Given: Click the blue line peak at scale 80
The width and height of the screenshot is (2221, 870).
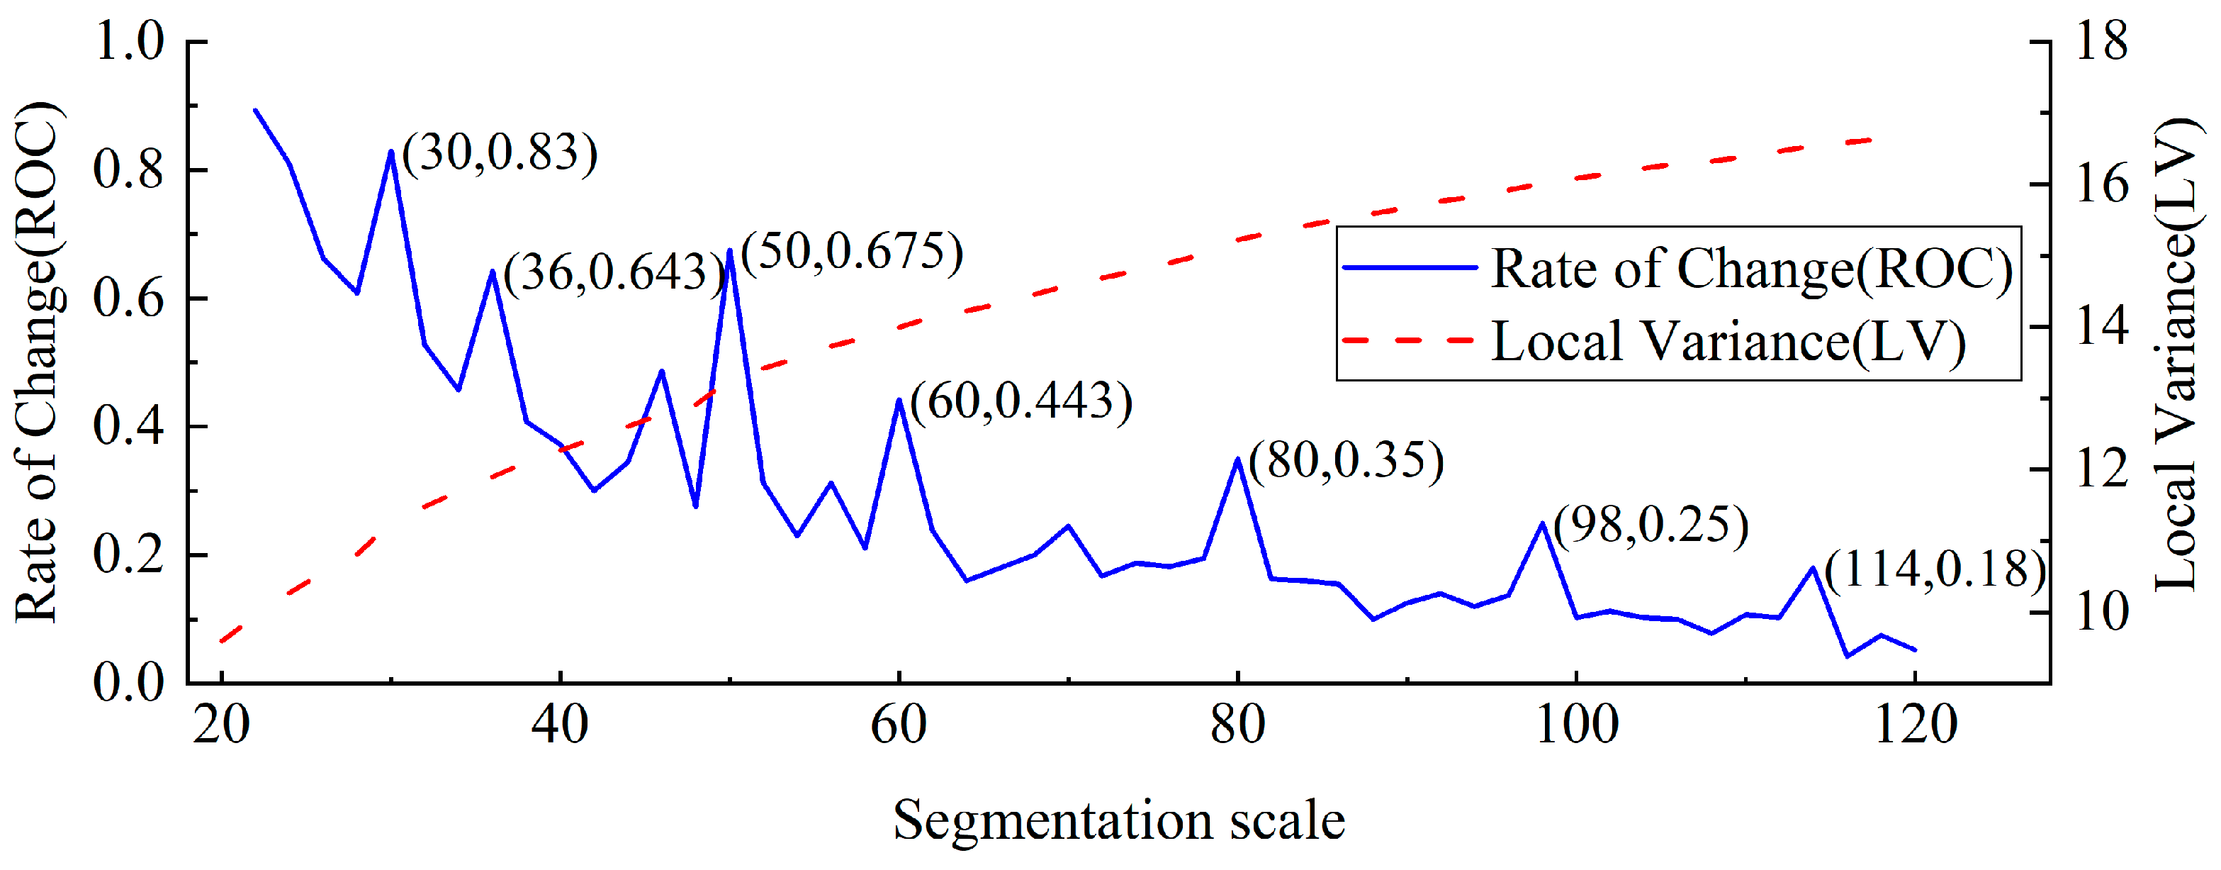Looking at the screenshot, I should (x=1238, y=459).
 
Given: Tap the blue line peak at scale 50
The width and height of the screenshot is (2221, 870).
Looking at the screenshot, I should (x=730, y=251).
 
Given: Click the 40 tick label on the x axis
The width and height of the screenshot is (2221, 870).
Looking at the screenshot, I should (x=561, y=723).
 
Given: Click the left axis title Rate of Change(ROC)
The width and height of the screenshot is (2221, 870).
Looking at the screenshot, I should (x=36, y=362).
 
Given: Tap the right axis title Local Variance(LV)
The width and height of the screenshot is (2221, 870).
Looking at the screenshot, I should (x=2176, y=354).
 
